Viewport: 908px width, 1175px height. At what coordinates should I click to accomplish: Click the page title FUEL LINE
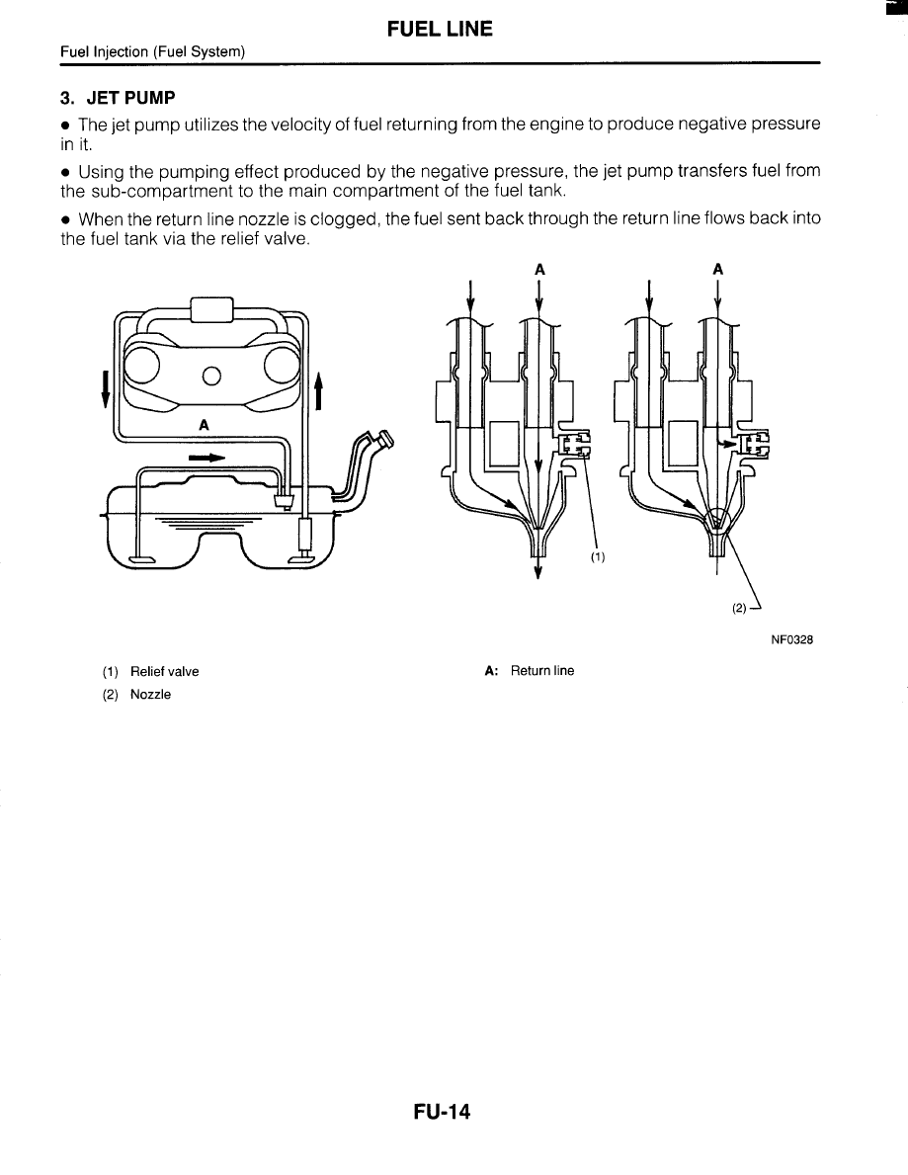pos(440,30)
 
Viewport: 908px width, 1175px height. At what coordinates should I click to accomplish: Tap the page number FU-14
pos(442,1113)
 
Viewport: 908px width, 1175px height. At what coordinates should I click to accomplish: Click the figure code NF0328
pos(791,639)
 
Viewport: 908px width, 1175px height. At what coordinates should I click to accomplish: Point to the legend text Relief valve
pos(164,672)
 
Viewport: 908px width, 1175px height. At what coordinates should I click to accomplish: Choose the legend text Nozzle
pos(150,695)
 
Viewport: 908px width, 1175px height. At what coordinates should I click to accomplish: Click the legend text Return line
pos(541,671)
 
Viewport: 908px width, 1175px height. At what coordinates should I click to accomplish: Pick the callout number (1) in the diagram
pos(597,556)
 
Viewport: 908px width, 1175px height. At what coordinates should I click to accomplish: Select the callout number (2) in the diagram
pos(739,608)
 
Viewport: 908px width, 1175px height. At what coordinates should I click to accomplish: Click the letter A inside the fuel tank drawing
pos(204,426)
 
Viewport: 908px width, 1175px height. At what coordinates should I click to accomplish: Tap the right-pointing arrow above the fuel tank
pos(206,459)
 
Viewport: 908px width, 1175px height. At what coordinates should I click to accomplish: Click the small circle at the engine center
pos(210,376)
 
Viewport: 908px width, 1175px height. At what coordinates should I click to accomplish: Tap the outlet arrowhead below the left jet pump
pos(537,574)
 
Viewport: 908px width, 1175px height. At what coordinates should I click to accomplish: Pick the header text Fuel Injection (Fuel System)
pos(152,51)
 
